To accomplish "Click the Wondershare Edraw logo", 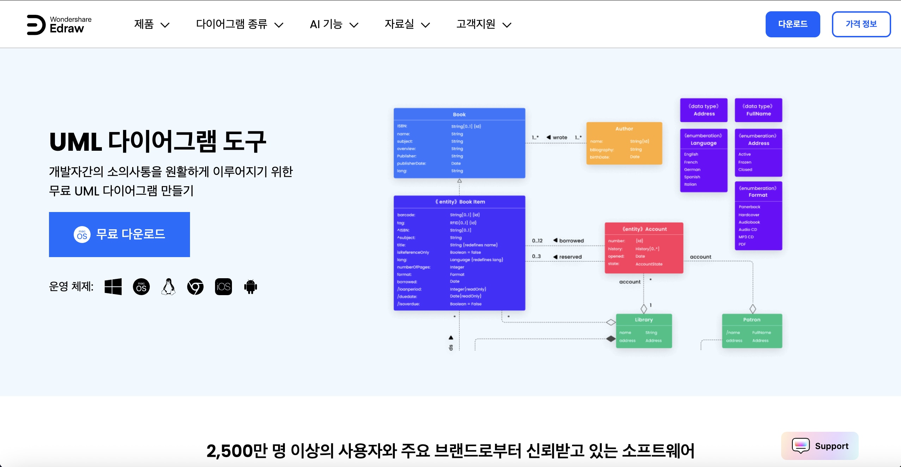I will click(59, 24).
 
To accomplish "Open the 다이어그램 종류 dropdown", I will click(239, 24).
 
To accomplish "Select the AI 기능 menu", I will click(334, 24).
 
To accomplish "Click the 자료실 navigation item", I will click(407, 24).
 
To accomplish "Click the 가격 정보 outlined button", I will click(861, 24).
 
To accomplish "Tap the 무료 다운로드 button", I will click(119, 234).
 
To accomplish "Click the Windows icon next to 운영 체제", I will click(113, 287).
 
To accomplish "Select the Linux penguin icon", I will click(168, 287).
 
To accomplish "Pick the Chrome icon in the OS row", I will click(195, 287).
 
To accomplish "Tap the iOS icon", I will click(223, 287).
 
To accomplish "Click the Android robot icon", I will click(251, 287).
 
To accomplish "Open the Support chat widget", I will click(820, 446).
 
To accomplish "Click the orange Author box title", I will click(624, 129).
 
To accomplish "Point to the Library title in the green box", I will click(644, 320).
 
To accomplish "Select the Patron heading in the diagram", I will click(752, 320).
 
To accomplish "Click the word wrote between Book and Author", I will click(560, 137).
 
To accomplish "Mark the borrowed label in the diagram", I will click(571, 241).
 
